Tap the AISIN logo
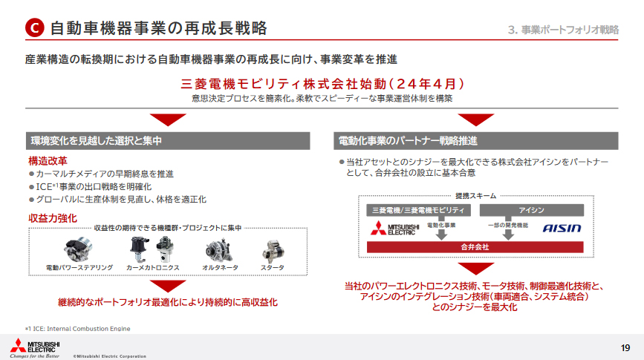561,228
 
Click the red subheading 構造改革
48,160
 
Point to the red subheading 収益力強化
53,217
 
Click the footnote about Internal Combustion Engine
77,328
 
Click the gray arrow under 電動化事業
441,234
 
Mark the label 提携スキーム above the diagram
475,195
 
